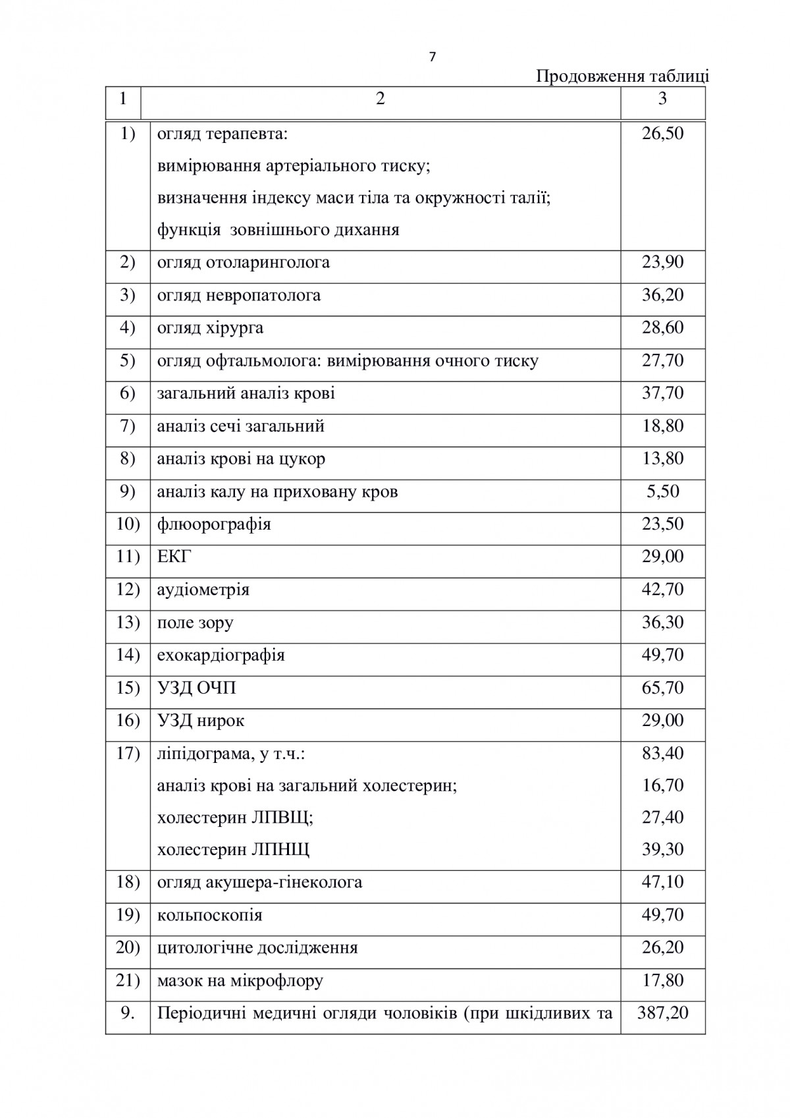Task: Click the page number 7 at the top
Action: pyautogui.click(x=432, y=57)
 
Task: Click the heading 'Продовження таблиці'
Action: pyautogui.click(x=622, y=76)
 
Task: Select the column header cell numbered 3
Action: pyautogui.click(x=662, y=99)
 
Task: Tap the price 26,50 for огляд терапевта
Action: pyautogui.click(x=662, y=134)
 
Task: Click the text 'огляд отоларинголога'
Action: pyautogui.click(x=243, y=262)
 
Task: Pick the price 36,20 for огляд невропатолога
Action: pyautogui.click(x=662, y=294)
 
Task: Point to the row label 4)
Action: pyautogui.click(x=128, y=327)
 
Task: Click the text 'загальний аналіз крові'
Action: pyautogui.click(x=246, y=393)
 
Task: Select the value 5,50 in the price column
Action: pyautogui.click(x=662, y=491)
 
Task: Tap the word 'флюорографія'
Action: pyautogui.click(x=214, y=524)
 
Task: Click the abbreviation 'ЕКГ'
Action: pyautogui.click(x=174, y=557)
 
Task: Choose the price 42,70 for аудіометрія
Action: pyautogui.click(x=662, y=589)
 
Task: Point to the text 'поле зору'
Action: pyautogui.click(x=195, y=622)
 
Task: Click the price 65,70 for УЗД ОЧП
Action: pyautogui.click(x=662, y=688)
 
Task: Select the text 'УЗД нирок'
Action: pyautogui.click(x=200, y=721)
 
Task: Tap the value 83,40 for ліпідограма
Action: pyautogui.click(x=662, y=753)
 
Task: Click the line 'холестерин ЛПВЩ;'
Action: pyautogui.click(x=235, y=818)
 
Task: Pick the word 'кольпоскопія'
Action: pyautogui.click(x=209, y=915)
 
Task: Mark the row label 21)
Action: pyautogui.click(x=128, y=980)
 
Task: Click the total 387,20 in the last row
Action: pyautogui.click(x=662, y=1013)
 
